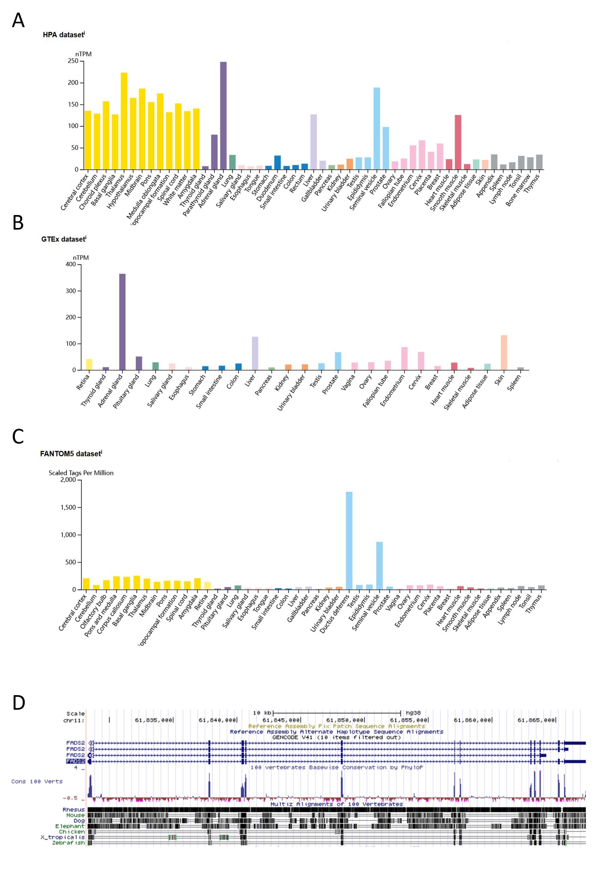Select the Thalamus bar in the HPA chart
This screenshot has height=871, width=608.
point(124,121)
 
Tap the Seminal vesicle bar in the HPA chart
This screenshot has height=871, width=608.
point(377,129)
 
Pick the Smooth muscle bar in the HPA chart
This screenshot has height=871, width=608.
point(458,142)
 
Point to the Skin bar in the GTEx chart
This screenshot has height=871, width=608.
point(504,352)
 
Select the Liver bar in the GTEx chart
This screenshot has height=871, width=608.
point(255,353)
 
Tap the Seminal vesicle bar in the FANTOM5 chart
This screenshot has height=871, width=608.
point(379,565)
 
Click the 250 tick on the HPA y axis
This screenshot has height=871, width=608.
point(73,61)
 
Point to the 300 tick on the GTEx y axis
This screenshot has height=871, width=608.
point(70,291)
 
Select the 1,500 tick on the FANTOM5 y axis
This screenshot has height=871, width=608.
point(68,508)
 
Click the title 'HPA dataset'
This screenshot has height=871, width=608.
point(63,35)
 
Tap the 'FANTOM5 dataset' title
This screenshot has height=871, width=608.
point(70,454)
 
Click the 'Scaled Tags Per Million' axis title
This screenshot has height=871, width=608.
point(81,473)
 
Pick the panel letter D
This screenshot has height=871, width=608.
point(19,703)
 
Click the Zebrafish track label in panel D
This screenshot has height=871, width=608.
point(68,843)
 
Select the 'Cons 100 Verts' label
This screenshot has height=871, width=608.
point(37,782)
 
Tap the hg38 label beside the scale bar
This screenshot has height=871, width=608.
point(413,713)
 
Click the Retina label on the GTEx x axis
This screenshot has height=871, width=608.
point(83,382)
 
